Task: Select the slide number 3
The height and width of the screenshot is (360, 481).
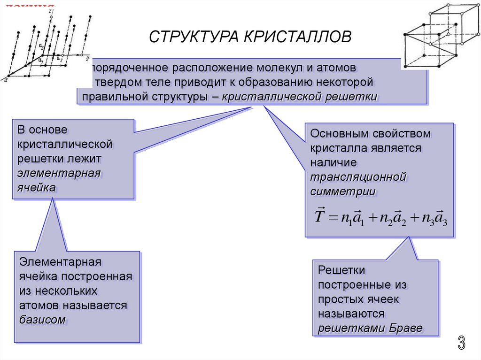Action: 462,344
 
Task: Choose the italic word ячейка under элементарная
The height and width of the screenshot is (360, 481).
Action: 37,187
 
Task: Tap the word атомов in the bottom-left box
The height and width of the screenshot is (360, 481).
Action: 39,306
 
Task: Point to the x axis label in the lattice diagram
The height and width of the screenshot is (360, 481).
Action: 6,80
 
